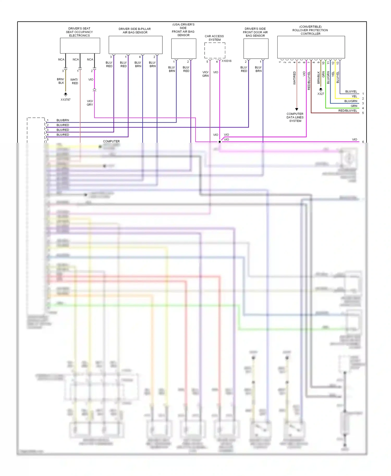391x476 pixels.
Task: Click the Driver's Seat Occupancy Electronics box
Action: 80,46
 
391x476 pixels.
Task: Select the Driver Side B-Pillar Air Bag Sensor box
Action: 135,45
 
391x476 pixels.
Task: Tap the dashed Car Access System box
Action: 215,50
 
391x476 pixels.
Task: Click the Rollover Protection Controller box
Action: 311,47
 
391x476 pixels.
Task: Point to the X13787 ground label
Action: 65,100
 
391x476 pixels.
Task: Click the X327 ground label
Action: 321,94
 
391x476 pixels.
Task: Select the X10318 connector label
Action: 227,61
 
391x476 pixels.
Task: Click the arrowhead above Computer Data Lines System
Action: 297,109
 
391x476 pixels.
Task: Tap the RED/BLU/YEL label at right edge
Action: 347,111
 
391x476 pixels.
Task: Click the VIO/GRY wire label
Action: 90,103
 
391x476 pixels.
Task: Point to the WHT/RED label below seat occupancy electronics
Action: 75,81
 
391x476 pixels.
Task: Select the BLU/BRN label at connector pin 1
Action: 63,120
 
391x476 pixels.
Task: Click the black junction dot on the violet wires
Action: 220,142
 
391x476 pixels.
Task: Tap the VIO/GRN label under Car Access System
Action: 205,74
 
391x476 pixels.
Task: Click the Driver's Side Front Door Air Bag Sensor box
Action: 256,49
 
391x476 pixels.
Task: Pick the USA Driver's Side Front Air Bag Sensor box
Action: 184,49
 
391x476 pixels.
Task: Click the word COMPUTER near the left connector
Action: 111,141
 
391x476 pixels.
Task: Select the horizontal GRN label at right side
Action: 354,106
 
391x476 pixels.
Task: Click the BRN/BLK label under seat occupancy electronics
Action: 61,81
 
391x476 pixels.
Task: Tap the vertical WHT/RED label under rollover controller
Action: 295,78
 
